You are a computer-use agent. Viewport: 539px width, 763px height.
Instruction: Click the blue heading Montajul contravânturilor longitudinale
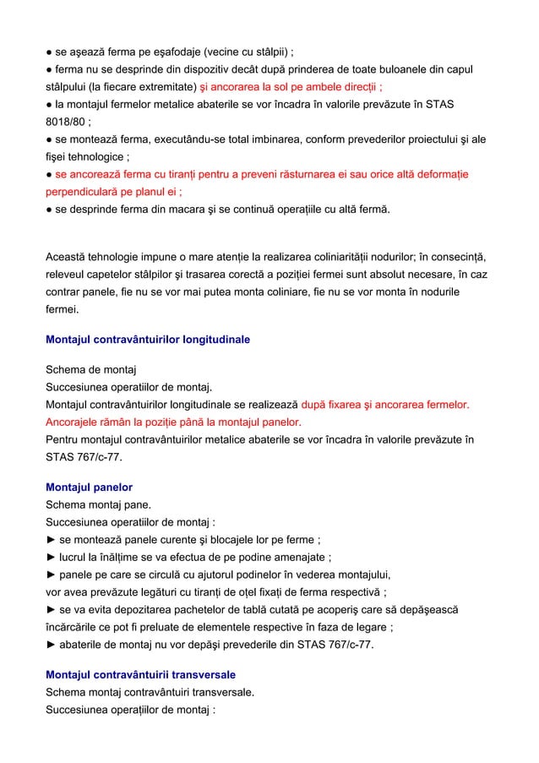(147, 340)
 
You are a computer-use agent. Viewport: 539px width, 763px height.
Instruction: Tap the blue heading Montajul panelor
(89, 488)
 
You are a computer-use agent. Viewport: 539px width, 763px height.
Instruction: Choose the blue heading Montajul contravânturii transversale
(140, 675)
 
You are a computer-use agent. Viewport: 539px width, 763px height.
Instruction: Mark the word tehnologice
(95, 156)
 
